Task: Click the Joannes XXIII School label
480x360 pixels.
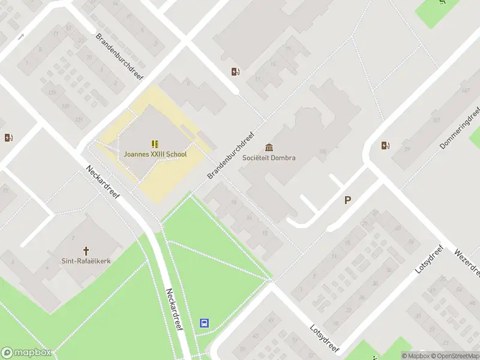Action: pyautogui.click(x=155, y=154)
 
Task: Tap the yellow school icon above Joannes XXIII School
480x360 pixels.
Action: pyautogui.click(x=155, y=143)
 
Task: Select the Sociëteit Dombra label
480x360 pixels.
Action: pyautogui.click(x=269, y=158)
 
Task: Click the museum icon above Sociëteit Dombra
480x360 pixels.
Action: pyautogui.click(x=269, y=148)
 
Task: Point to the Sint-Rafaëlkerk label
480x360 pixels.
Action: pyautogui.click(x=86, y=261)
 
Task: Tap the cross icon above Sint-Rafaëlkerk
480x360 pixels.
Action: pyautogui.click(x=86, y=250)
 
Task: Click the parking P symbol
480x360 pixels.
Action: pyautogui.click(x=347, y=200)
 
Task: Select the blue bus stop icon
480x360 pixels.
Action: pyautogui.click(x=204, y=323)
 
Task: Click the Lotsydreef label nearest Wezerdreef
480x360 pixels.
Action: pyautogui.click(x=429, y=259)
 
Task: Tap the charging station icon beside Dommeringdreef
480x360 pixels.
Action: pyautogui.click(x=385, y=145)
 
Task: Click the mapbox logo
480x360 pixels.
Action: pyautogui.click(x=26, y=353)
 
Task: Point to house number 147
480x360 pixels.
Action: pyautogui.click(x=464, y=91)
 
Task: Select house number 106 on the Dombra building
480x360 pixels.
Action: pyautogui.click(x=323, y=152)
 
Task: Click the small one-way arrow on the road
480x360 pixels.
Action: pyautogui.click(x=21, y=37)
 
